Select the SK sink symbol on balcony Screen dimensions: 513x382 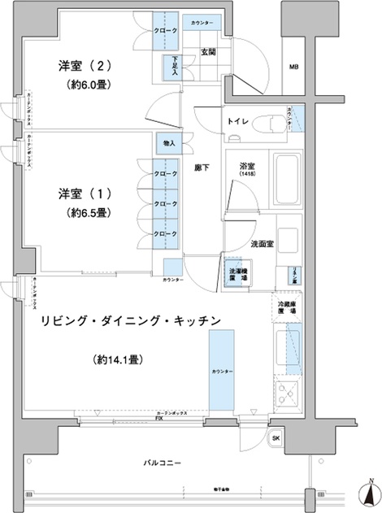[x=276, y=438]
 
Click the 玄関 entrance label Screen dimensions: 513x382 [x=208, y=53]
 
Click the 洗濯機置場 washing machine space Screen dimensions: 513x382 [x=237, y=272]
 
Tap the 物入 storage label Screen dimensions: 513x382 [x=168, y=143]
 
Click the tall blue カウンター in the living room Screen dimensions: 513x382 [x=223, y=371]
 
